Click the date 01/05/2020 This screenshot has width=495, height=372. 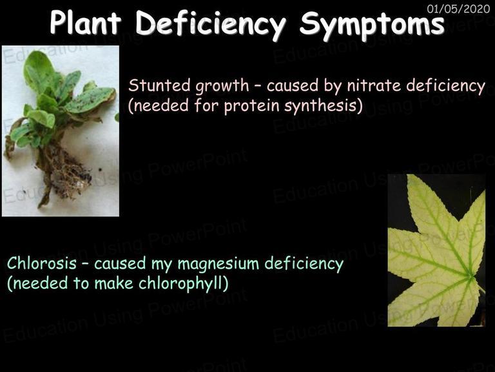tap(458, 9)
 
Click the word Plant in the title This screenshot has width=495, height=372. tap(86, 22)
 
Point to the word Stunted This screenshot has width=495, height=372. tap(159, 85)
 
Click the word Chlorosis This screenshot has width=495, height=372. tap(42, 263)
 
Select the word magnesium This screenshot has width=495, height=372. tap(218, 263)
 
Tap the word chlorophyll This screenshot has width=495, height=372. tap(183, 284)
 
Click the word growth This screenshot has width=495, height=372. tap(222, 87)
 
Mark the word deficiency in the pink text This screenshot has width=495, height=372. tap(445, 87)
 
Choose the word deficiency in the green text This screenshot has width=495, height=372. tap(304, 264)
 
